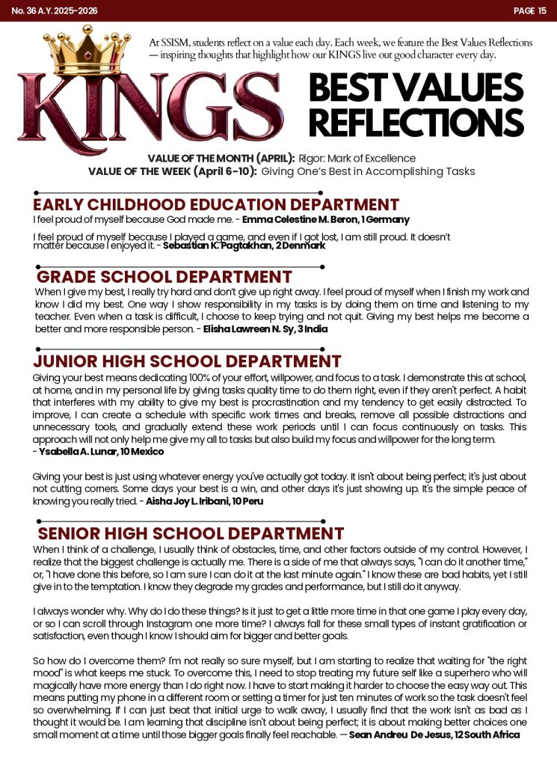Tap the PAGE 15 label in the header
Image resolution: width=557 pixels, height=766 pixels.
(x=530, y=10)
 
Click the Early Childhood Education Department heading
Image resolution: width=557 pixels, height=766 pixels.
(x=216, y=204)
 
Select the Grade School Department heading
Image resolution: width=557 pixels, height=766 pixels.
(x=164, y=277)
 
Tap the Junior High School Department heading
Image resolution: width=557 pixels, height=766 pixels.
(x=187, y=361)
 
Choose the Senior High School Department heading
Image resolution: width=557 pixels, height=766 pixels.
(x=191, y=533)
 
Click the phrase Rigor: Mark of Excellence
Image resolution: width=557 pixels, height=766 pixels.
(x=357, y=159)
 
